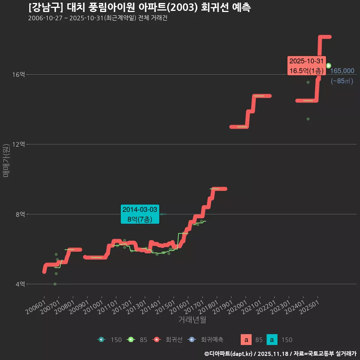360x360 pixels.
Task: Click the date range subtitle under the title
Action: [97, 18]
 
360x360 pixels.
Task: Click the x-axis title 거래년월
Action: [192, 320]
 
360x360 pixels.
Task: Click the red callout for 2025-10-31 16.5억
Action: [306, 66]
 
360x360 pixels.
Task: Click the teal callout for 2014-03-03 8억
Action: [140, 214]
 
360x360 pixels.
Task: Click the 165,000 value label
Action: [342, 71]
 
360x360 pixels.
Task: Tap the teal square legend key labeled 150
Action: [272, 340]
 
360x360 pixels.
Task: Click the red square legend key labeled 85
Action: [246, 340]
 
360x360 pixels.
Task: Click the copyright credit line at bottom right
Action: [280, 354]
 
